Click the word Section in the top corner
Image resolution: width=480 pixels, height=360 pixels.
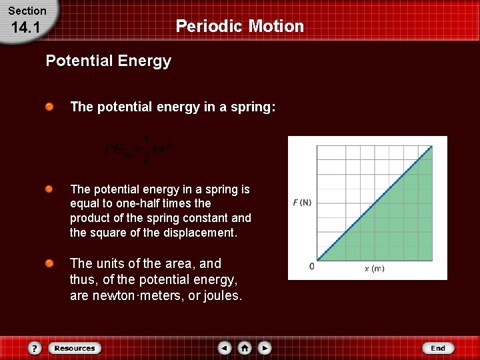click(x=27, y=11)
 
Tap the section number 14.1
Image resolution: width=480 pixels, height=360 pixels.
click(x=27, y=29)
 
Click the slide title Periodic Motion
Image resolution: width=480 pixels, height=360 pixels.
click(x=239, y=26)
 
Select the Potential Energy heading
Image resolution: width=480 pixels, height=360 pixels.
click(x=108, y=61)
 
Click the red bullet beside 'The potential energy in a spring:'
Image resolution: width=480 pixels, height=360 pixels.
click(x=50, y=107)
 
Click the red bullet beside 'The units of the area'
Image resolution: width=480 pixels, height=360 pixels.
click(x=50, y=264)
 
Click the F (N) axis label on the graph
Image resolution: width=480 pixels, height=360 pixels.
click(x=301, y=202)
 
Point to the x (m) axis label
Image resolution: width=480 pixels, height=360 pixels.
click(x=374, y=269)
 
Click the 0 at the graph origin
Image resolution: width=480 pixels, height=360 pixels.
click(x=312, y=267)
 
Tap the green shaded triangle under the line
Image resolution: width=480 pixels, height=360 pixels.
click(x=400, y=227)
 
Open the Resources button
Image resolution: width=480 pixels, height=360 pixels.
click(x=74, y=348)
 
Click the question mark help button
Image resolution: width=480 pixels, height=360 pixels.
click(x=35, y=348)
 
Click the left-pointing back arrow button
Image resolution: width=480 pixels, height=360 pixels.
click(x=225, y=348)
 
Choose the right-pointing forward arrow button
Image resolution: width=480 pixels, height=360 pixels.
click(x=265, y=348)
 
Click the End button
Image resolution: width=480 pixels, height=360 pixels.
click(x=438, y=348)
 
